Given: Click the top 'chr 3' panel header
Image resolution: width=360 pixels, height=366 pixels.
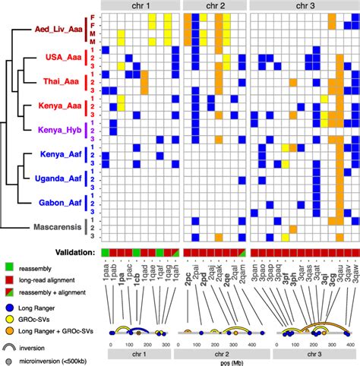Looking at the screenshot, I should (303, 5).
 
